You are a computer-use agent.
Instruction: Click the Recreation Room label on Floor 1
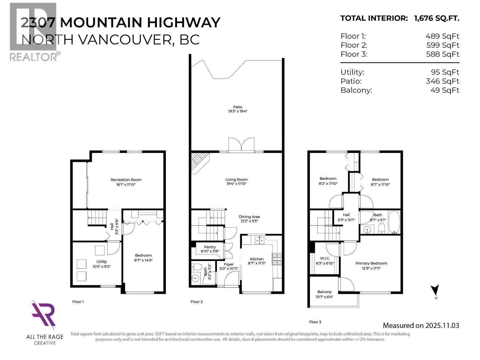[126, 180]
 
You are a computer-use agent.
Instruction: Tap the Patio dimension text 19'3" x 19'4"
[237, 111]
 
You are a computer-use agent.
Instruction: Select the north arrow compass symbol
[435, 290]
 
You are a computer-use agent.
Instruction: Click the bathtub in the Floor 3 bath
[394, 222]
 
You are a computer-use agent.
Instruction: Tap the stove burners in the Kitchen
[277, 259]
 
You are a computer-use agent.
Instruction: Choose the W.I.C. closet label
[325, 258]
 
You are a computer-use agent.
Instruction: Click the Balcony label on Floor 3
[324, 292]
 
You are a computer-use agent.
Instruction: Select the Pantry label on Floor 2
[210, 247]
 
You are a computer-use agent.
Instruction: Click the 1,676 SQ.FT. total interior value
[436, 18]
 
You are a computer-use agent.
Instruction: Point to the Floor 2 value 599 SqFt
[442, 45]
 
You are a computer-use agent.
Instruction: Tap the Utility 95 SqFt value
[445, 72]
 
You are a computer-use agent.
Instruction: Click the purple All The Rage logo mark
[44, 314]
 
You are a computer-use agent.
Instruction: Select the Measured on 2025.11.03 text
[421, 325]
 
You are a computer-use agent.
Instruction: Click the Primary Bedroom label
[371, 263]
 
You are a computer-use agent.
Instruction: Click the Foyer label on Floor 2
[229, 264]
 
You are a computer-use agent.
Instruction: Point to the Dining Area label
[249, 217]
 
